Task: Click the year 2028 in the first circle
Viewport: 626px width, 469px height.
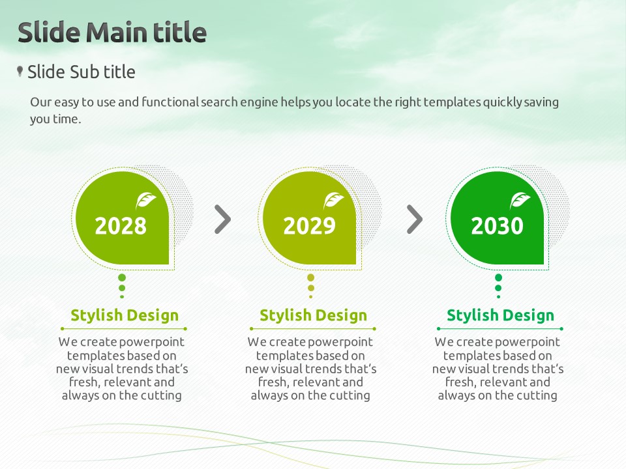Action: coord(121,226)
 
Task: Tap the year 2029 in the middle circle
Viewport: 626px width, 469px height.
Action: coord(309,226)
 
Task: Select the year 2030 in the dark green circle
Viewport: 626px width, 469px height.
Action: coord(497,226)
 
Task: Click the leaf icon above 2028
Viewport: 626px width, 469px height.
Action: coord(145,200)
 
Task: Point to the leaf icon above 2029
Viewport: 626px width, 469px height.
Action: coord(333,200)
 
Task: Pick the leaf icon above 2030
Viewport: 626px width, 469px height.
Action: coord(520,200)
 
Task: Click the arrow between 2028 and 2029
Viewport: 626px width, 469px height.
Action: coord(223,219)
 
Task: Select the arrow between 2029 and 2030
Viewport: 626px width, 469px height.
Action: coord(415,219)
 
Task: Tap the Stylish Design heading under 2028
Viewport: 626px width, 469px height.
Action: coord(125,315)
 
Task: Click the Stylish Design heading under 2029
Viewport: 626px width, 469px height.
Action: coord(314,315)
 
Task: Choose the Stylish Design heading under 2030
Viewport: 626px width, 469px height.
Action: coord(501,315)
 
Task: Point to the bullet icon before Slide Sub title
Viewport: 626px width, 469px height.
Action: coord(20,72)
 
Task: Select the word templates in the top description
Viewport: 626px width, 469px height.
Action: coord(452,102)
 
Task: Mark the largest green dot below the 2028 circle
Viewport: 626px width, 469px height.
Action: coord(122,277)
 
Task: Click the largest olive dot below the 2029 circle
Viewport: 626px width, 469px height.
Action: coord(310,277)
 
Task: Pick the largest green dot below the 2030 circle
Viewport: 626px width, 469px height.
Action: coord(498,277)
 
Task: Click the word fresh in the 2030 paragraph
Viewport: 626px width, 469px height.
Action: coord(460,382)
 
